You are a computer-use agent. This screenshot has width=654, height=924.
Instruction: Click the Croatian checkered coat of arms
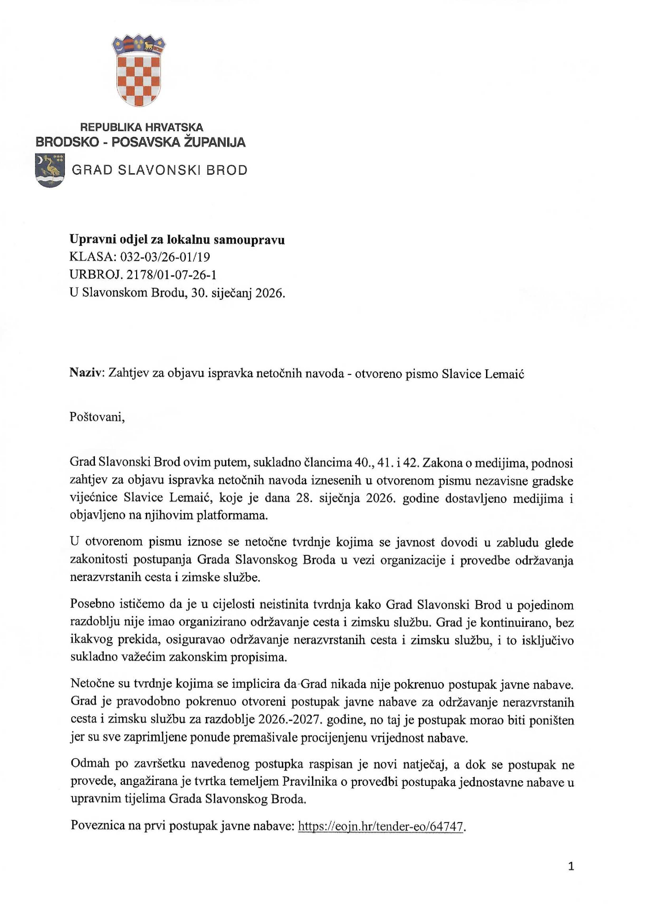(138, 71)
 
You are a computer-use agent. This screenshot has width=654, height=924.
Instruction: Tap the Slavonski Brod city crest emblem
(50, 170)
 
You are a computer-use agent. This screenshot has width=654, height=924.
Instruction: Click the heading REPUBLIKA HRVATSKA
(142, 128)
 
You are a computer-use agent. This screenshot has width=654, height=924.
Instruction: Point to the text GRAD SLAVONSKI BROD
(160, 170)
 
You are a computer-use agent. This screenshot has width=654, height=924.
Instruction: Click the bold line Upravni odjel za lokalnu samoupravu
(177, 240)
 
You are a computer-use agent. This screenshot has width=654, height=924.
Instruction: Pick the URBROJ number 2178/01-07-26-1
(171, 275)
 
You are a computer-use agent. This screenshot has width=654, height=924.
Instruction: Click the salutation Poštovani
(97, 417)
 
